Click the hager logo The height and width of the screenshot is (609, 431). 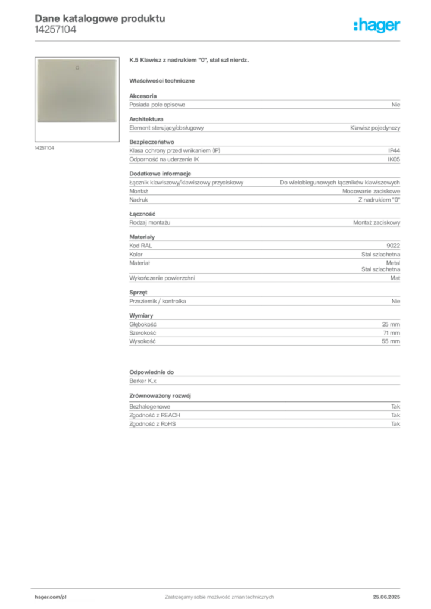pos(377,26)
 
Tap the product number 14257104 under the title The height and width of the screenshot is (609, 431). pos(55,30)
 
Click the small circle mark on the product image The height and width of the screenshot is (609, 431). pos(77,68)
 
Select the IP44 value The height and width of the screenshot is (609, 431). pos(393,150)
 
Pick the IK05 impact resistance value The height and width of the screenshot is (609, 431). pos(393,159)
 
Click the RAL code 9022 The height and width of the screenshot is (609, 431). pos(393,246)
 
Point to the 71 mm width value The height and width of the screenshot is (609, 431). pos(391,333)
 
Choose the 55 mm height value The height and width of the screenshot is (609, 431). pos(391,341)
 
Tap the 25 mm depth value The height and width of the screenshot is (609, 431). pos(391,324)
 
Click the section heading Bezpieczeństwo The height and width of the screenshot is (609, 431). pos(152,142)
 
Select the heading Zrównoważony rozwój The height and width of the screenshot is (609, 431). pos(160,395)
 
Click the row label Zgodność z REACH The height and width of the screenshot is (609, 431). pos(155,415)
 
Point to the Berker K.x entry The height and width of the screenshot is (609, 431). pos(143,381)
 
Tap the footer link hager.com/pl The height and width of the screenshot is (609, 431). pos(51,597)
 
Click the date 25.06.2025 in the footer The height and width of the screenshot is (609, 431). pos(386,597)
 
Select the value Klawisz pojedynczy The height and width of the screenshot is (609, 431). pos(375,128)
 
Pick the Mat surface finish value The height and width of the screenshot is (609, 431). pos(395,278)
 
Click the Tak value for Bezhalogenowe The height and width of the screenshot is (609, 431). pos(395,406)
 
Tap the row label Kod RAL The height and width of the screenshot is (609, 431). pos(140,246)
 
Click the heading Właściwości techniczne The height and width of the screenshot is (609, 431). pos(162,81)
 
